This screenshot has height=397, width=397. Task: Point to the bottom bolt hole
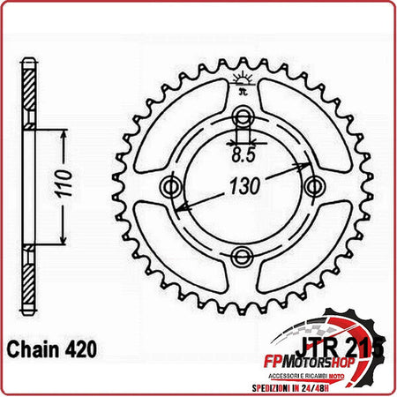point(242,256)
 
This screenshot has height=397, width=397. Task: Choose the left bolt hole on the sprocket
point(172,187)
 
